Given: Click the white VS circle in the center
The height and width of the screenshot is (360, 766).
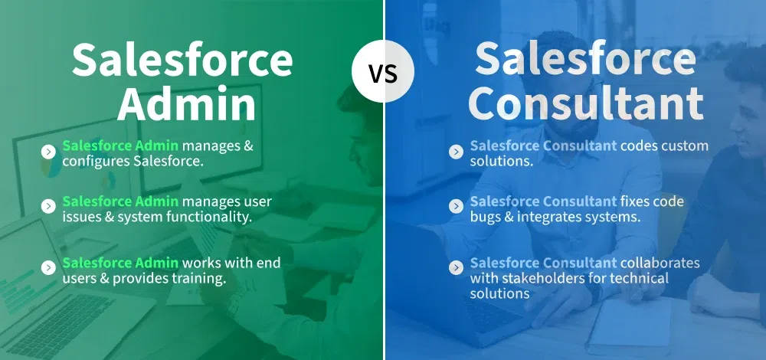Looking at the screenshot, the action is [383, 71].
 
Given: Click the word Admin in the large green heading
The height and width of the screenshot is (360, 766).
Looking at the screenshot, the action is [187, 104].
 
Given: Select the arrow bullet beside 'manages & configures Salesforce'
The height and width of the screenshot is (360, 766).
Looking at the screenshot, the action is [47, 152].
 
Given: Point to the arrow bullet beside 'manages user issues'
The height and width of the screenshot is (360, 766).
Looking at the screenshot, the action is [47, 207].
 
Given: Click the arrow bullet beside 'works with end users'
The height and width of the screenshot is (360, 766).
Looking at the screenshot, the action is [47, 267].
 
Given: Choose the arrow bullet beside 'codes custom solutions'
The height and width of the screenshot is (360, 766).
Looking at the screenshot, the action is [456, 152].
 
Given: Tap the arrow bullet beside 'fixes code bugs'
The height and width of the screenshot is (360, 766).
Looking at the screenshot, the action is [456, 207].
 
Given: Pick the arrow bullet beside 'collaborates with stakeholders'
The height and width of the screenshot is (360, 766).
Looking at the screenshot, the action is [456, 267].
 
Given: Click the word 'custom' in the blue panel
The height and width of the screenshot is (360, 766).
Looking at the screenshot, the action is [684, 146].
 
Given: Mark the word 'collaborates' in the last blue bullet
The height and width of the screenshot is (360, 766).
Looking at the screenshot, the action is [660, 263].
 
